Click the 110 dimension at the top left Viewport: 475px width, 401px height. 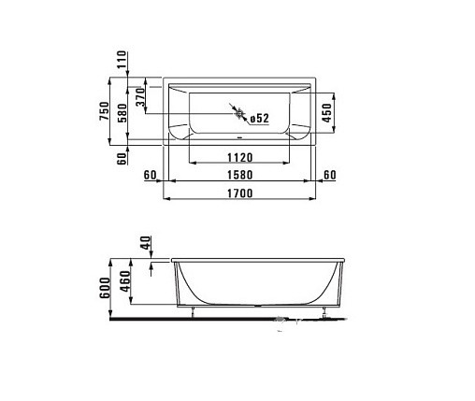click(121, 61)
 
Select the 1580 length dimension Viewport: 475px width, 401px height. click(242, 174)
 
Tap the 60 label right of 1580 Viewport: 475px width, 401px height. click(328, 174)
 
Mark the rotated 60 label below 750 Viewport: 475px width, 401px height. click(121, 158)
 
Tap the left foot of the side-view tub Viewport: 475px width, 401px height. click(193, 312)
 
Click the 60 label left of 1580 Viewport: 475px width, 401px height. click(150, 174)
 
